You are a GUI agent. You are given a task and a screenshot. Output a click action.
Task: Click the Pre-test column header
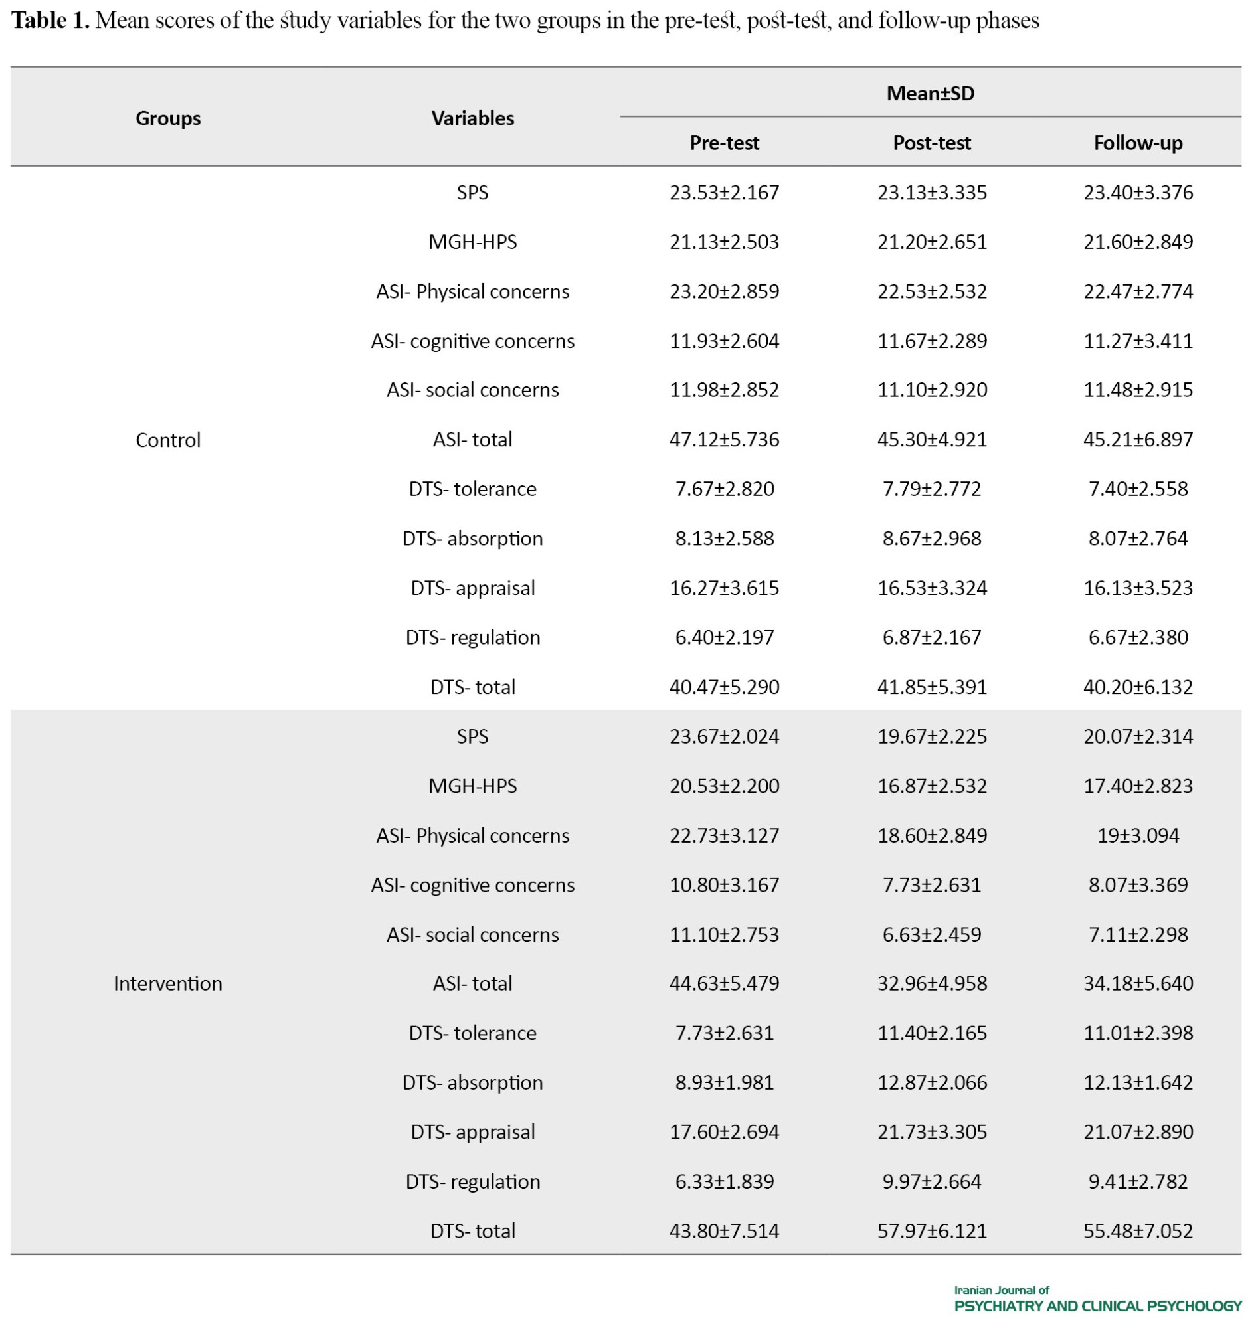724,143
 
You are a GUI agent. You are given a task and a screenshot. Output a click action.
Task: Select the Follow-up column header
1138,143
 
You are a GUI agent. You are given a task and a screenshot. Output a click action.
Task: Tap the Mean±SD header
930,94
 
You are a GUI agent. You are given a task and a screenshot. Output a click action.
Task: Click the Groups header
168,118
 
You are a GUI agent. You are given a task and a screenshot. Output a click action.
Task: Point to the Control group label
168,440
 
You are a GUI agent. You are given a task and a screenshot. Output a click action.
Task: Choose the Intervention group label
168,983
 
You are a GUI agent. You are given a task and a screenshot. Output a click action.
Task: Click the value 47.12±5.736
724,440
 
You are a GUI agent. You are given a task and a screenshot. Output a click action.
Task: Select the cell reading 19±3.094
1138,835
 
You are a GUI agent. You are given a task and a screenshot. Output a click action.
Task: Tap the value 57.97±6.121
932,1231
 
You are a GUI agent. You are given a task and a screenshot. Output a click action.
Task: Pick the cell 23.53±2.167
724,193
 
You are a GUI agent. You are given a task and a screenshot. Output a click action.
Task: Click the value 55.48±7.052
1138,1231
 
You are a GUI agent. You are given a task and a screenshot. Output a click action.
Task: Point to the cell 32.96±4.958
932,983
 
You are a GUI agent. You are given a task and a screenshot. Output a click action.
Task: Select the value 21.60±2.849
1138,242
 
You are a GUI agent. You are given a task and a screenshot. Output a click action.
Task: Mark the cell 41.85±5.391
932,687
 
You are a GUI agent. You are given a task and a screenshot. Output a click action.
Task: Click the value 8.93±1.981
724,1082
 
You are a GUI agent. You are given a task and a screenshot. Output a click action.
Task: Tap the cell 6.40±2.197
724,637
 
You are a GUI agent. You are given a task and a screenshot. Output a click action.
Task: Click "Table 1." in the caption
50,21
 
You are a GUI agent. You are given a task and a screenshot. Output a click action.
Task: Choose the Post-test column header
932,143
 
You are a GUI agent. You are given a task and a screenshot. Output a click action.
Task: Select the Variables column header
473,118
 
